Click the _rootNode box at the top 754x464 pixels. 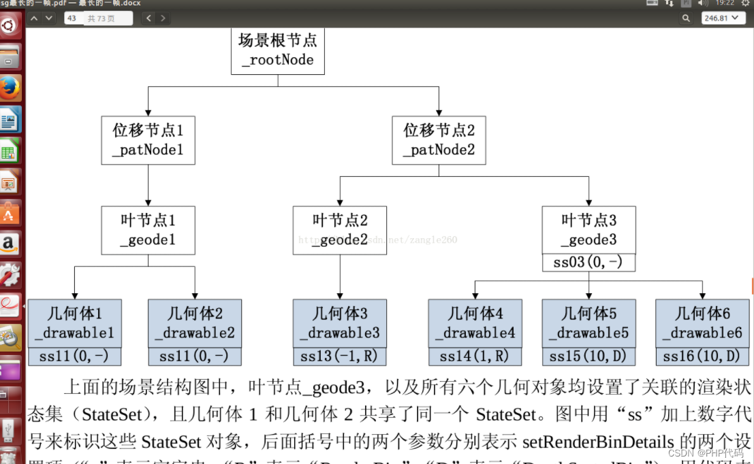(277, 51)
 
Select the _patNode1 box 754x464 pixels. (148, 140)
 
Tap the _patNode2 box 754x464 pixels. (439, 140)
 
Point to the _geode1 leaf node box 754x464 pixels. (148, 231)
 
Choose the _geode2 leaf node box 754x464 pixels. (339, 231)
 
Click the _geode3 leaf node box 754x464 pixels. (588, 231)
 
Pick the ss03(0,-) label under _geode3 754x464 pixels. (588, 263)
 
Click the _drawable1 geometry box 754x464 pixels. (74, 323)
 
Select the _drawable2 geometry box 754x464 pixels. (195, 323)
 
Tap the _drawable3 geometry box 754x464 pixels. (339, 323)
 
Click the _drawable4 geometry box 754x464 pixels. (475, 323)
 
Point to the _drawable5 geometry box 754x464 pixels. (588, 323)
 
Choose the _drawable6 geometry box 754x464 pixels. (702, 323)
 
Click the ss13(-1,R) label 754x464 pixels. (339, 357)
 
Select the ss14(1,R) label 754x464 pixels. (475, 357)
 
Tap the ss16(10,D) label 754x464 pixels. (702, 357)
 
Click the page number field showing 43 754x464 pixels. (73, 18)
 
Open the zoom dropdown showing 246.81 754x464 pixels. (722, 18)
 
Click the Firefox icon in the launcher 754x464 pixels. (10, 88)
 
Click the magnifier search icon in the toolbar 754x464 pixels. (686, 18)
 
